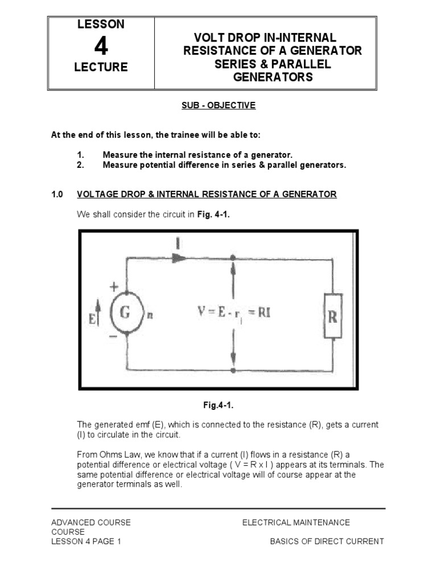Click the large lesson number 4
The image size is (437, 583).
tap(101, 47)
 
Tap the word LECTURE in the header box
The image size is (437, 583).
tap(101, 68)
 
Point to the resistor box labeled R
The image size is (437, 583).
tap(333, 316)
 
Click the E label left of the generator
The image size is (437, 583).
tap(93, 314)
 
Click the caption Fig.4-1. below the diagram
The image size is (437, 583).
tap(218, 405)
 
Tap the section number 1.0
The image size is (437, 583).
tap(57, 195)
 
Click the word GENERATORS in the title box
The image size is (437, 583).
tap(273, 77)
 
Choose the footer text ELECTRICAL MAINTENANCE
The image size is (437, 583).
tap(296, 522)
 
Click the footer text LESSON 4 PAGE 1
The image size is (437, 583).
tap(86, 541)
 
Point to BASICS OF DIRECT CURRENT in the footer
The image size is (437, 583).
tap(327, 541)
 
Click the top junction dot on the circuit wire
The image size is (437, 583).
tap(233, 257)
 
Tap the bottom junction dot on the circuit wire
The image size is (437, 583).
tap(233, 370)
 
